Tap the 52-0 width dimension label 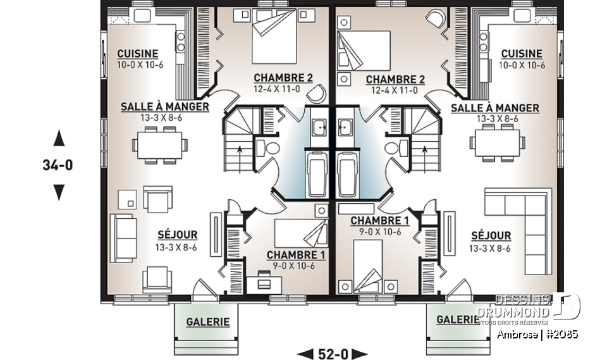(x=332, y=353)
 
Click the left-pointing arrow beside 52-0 (x=304, y=353)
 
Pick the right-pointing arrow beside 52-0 (x=360, y=353)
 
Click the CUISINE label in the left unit (x=137, y=54)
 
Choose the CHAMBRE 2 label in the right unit (x=395, y=79)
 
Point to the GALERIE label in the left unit (x=207, y=322)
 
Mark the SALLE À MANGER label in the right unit (x=494, y=108)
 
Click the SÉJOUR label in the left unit (x=177, y=235)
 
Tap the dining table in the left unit (x=160, y=144)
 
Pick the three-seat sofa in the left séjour (x=123, y=238)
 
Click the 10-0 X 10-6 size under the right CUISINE (x=522, y=65)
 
